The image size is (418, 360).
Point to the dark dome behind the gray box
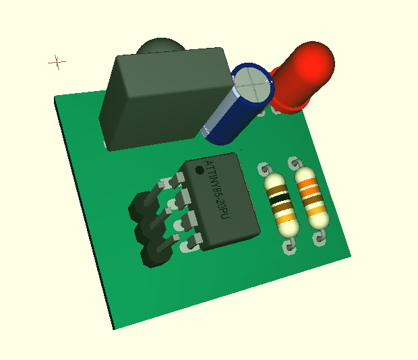click(x=160, y=45)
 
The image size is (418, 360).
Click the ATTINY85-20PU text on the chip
click(x=217, y=189)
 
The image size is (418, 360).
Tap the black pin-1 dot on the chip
click(x=200, y=170)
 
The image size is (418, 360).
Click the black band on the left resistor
click(x=279, y=199)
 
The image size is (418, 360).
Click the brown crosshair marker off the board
click(x=57, y=62)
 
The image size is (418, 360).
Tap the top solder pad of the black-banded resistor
click(x=264, y=169)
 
